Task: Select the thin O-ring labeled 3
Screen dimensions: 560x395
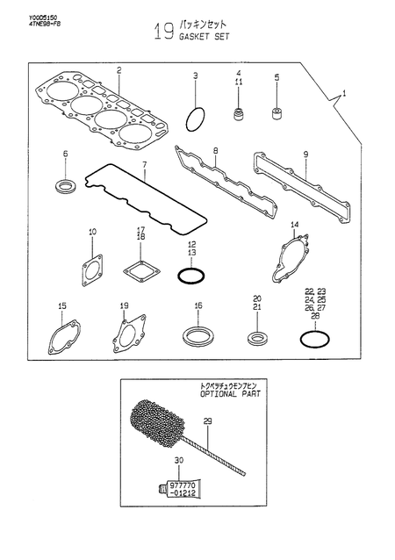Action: [x=198, y=117]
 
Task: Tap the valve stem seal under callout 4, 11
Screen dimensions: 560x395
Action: [x=236, y=113]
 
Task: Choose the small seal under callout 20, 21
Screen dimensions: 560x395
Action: [x=256, y=339]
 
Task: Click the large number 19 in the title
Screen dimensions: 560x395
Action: [x=162, y=32]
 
